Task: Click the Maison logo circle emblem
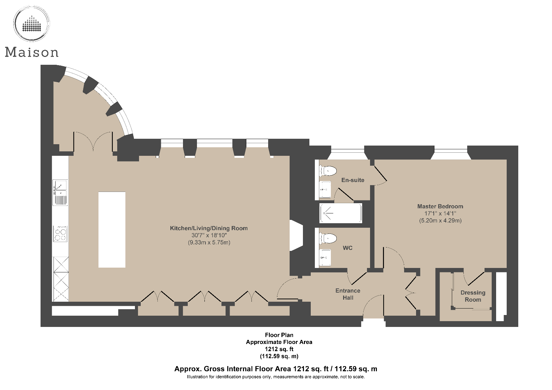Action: pos(31,24)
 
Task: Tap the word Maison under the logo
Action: pos(32,52)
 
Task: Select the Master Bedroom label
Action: pos(440,206)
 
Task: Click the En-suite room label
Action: pos(353,180)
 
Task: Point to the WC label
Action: pos(348,248)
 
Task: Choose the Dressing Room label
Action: pos(473,296)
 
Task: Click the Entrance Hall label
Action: pos(348,294)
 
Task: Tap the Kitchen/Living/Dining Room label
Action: pos(209,228)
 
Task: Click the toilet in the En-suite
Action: pos(328,170)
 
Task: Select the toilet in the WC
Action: pos(328,238)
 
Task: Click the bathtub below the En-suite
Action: pos(340,213)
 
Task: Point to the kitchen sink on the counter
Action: pos(60,192)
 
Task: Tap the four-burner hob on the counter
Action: pos(60,234)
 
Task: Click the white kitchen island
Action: pos(112,229)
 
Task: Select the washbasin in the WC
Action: pos(325,257)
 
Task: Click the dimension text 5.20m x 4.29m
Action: pos(440,221)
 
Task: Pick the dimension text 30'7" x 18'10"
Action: pos(209,235)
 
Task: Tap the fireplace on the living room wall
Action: pos(296,235)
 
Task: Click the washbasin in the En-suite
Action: pos(325,190)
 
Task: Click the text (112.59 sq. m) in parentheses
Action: pos(279,356)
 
